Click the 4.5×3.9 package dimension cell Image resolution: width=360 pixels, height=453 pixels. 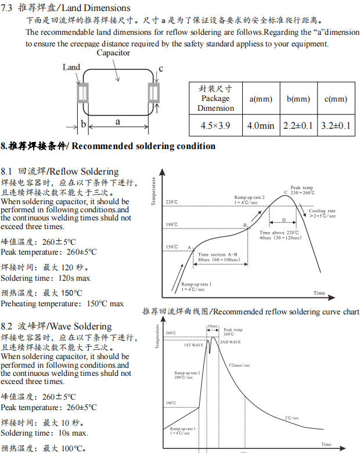215,125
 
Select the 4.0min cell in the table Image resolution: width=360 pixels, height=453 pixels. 261,125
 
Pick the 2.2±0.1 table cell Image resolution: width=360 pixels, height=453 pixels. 298,125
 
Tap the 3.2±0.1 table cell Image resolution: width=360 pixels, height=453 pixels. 336,125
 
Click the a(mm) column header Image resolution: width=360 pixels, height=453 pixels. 261,99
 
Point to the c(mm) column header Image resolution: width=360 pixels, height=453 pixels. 336,99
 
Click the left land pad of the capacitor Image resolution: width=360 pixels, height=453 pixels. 82,92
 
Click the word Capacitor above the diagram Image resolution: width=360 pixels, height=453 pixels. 113,53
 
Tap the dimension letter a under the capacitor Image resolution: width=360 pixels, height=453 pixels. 118,122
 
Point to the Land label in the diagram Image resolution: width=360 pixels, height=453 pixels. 71,67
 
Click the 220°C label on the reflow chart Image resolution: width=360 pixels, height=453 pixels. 172,202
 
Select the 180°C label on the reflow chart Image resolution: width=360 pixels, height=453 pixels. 172,224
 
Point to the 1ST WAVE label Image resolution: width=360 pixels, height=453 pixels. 193,345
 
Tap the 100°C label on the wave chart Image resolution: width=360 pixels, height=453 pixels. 171,403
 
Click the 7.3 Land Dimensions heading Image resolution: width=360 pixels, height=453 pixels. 67,8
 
